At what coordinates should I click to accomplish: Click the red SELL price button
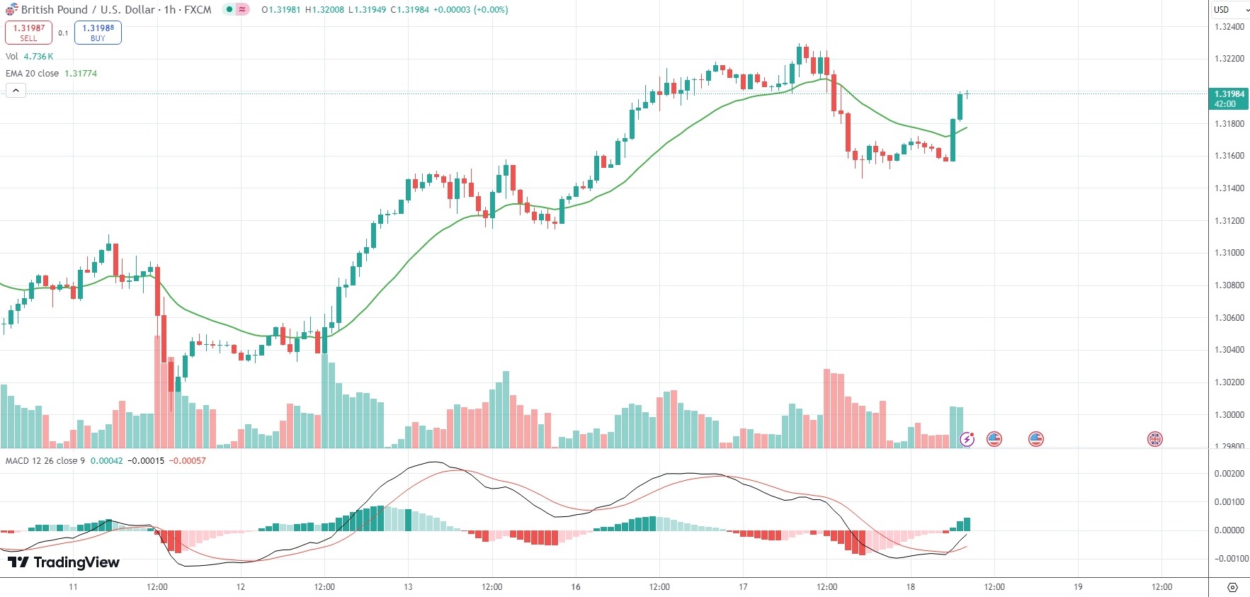pyautogui.click(x=28, y=33)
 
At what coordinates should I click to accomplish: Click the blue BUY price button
pyautogui.click(x=98, y=33)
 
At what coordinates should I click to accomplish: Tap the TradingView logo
pyautogui.click(x=64, y=562)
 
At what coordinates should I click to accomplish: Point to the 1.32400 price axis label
pyautogui.click(x=1229, y=27)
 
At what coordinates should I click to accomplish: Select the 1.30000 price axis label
pyautogui.click(x=1229, y=415)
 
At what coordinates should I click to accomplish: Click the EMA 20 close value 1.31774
pyautogui.click(x=81, y=74)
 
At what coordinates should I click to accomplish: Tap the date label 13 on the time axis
pyautogui.click(x=408, y=587)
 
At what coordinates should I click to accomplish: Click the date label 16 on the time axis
pyautogui.click(x=576, y=587)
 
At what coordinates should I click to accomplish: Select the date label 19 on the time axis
pyautogui.click(x=1078, y=587)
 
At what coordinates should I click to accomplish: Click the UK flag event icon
pyautogui.click(x=1155, y=439)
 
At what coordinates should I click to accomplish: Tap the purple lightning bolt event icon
pyautogui.click(x=967, y=439)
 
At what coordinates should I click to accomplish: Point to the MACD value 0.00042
pyautogui.click(x=106, y=461)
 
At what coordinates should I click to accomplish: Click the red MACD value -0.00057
pyautogui.click(x=188, y=461)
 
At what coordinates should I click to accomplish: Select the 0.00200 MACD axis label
pyautogui.click(x=1229, y=474)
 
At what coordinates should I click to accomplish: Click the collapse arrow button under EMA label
pyautogui.click(x=16, y=91)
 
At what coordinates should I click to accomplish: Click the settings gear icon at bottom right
pyautogui.click(x=1232, y=587)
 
